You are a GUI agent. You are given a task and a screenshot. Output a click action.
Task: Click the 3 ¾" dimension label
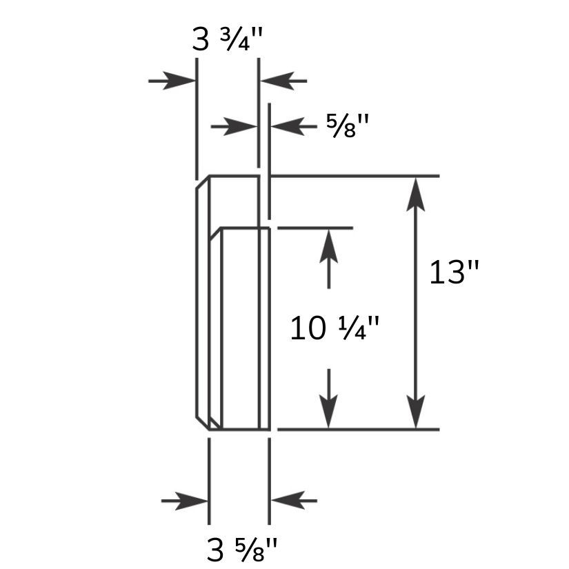coord(227,39)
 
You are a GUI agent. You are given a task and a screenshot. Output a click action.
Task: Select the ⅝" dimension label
coord(348,126)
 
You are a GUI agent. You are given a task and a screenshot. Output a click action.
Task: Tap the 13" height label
coord(454,272)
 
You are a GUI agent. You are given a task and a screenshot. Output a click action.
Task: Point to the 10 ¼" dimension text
coord(335,328)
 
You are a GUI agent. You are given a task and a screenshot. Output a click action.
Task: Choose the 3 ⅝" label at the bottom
coord(242,550)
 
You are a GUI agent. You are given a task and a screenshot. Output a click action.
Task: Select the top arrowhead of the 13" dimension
coord(416,194)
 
